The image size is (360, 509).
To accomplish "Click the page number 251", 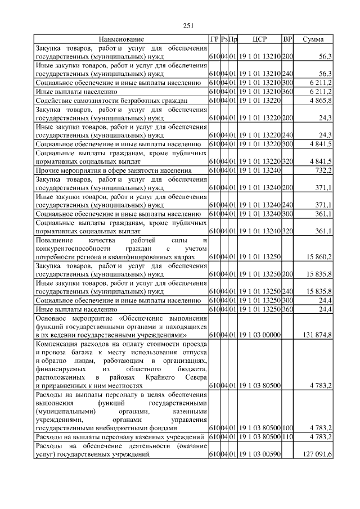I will coord(188,25).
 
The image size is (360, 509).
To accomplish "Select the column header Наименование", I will coord(121,39).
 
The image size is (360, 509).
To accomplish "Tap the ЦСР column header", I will coord(259,39).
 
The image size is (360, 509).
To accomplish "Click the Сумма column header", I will coord(313,39).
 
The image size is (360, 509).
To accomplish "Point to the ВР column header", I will coord(287,39).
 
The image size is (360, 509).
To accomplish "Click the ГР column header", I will coord(214,39).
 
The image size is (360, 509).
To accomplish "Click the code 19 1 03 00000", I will coord(259,335).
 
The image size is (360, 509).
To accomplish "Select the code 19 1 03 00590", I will coord(259,456).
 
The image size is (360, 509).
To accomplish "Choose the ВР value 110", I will coord(287,437).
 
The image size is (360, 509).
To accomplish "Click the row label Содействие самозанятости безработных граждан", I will coord(111,100).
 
